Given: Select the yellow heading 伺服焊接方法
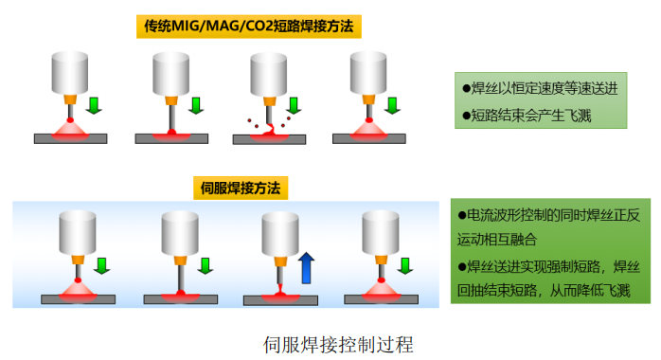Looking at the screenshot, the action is coord(241,188).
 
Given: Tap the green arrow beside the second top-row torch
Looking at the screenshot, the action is coord(196,104).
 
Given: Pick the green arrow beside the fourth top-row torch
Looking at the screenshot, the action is coord(392,104).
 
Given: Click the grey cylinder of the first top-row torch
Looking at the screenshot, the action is coord(69,72).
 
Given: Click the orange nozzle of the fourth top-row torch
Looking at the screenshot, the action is coord(368,98).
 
